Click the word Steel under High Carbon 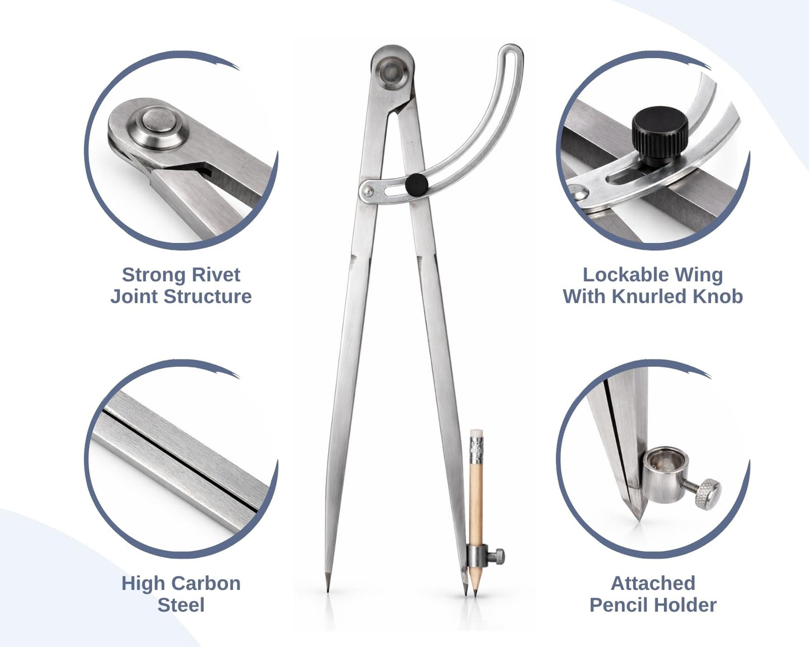tap(181, 605)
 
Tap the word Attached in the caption tap(653, 583)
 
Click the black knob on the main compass tap(417, 184)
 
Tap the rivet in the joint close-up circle tap(158, 126)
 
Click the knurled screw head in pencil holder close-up tap(708, 494)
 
